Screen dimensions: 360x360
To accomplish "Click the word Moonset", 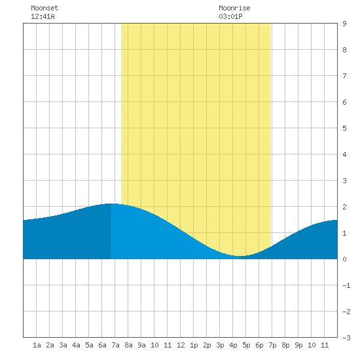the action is point(45,8).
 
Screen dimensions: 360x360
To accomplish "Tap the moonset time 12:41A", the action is point(43,16).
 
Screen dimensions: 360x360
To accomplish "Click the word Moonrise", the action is point(234,8).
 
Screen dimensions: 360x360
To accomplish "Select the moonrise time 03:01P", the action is point(230,16).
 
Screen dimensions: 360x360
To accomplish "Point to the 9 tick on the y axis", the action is point(344,24).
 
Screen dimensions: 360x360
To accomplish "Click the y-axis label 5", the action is point(344,128).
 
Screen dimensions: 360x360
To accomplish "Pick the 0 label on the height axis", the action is point(344,259).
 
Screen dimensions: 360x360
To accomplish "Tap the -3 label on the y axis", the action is point(346,338).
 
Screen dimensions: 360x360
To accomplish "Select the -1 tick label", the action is point(346,285).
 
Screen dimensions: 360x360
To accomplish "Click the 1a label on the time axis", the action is point(37,345).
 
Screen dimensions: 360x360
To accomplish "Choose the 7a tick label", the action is point(115,345).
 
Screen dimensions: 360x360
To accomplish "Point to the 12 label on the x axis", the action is point(181,345).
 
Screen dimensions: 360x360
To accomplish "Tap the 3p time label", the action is point(220,345).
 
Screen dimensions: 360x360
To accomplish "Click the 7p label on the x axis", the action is point(272,345).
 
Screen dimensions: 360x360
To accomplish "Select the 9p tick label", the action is point(298,345).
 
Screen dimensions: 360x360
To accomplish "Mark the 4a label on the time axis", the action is point(76,345).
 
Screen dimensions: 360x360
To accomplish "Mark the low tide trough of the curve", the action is point(240,256).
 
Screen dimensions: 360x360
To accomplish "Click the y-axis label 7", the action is point(344,76).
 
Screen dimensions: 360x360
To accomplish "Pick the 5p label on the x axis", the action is point(246,345).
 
